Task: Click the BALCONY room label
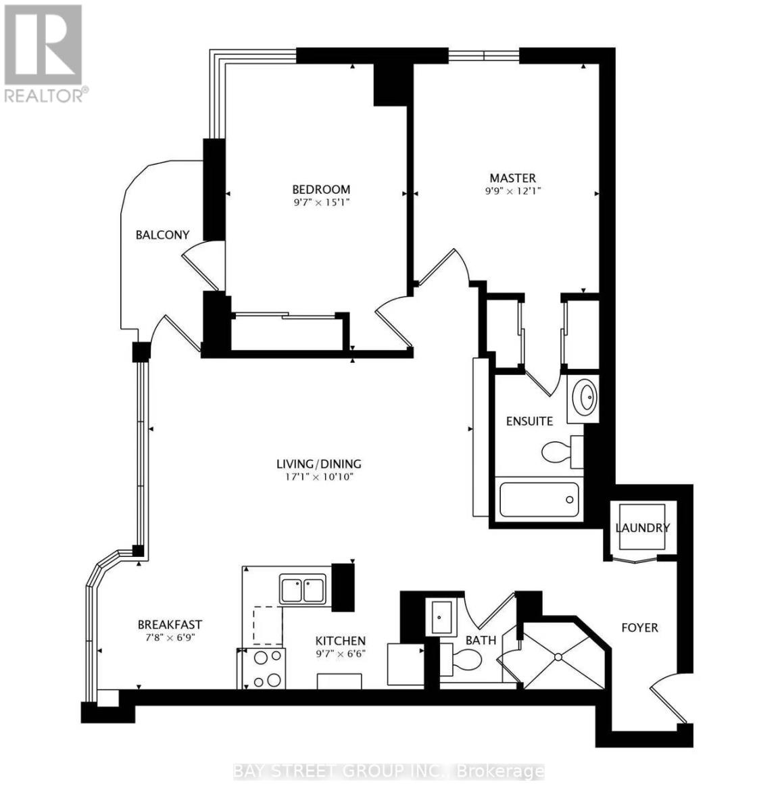[x=162, y=235]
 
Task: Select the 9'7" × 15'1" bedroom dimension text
[x=321, y=201]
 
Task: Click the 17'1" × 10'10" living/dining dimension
[x=319, y=476]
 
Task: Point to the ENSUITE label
[x=530, y=421]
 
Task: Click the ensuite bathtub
[x=538, y=499]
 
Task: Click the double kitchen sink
[x=303, y=590]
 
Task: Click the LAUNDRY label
[x=642, y=528]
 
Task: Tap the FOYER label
[x=639, y=628]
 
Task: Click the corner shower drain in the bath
[x=558, y=656]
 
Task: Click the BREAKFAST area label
[x=170, y=624]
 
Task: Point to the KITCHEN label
[x=341, y=641]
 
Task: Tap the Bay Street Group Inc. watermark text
[x=389, y=771]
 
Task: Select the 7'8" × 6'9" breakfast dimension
[x=170, y=637]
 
